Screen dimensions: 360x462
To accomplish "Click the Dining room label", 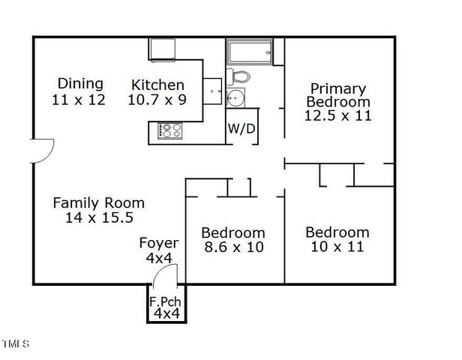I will pos(81,84).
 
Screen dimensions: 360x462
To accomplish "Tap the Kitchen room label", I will pos(157,85).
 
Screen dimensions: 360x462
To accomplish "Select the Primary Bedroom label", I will pos(339,95).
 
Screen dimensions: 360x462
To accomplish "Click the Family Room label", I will pos(98,202).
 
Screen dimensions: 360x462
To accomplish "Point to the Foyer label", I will pos(159,243).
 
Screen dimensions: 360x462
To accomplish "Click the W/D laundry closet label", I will pos(241,129).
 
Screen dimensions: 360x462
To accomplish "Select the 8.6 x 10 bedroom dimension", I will pos(234,247).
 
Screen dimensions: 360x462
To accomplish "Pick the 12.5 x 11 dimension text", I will pos(339,115).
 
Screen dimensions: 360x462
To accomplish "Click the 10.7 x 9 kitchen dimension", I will pos(157,99).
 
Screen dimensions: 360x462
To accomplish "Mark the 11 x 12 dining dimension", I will pos(79,99).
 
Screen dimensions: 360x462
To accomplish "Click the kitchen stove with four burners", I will pos(169,131).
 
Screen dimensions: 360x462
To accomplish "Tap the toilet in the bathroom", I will pos(239,76).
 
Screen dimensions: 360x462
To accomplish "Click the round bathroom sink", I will pos(236,97).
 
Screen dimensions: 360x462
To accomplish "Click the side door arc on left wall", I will pos(42,150).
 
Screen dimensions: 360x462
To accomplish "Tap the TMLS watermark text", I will pos(15,344).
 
